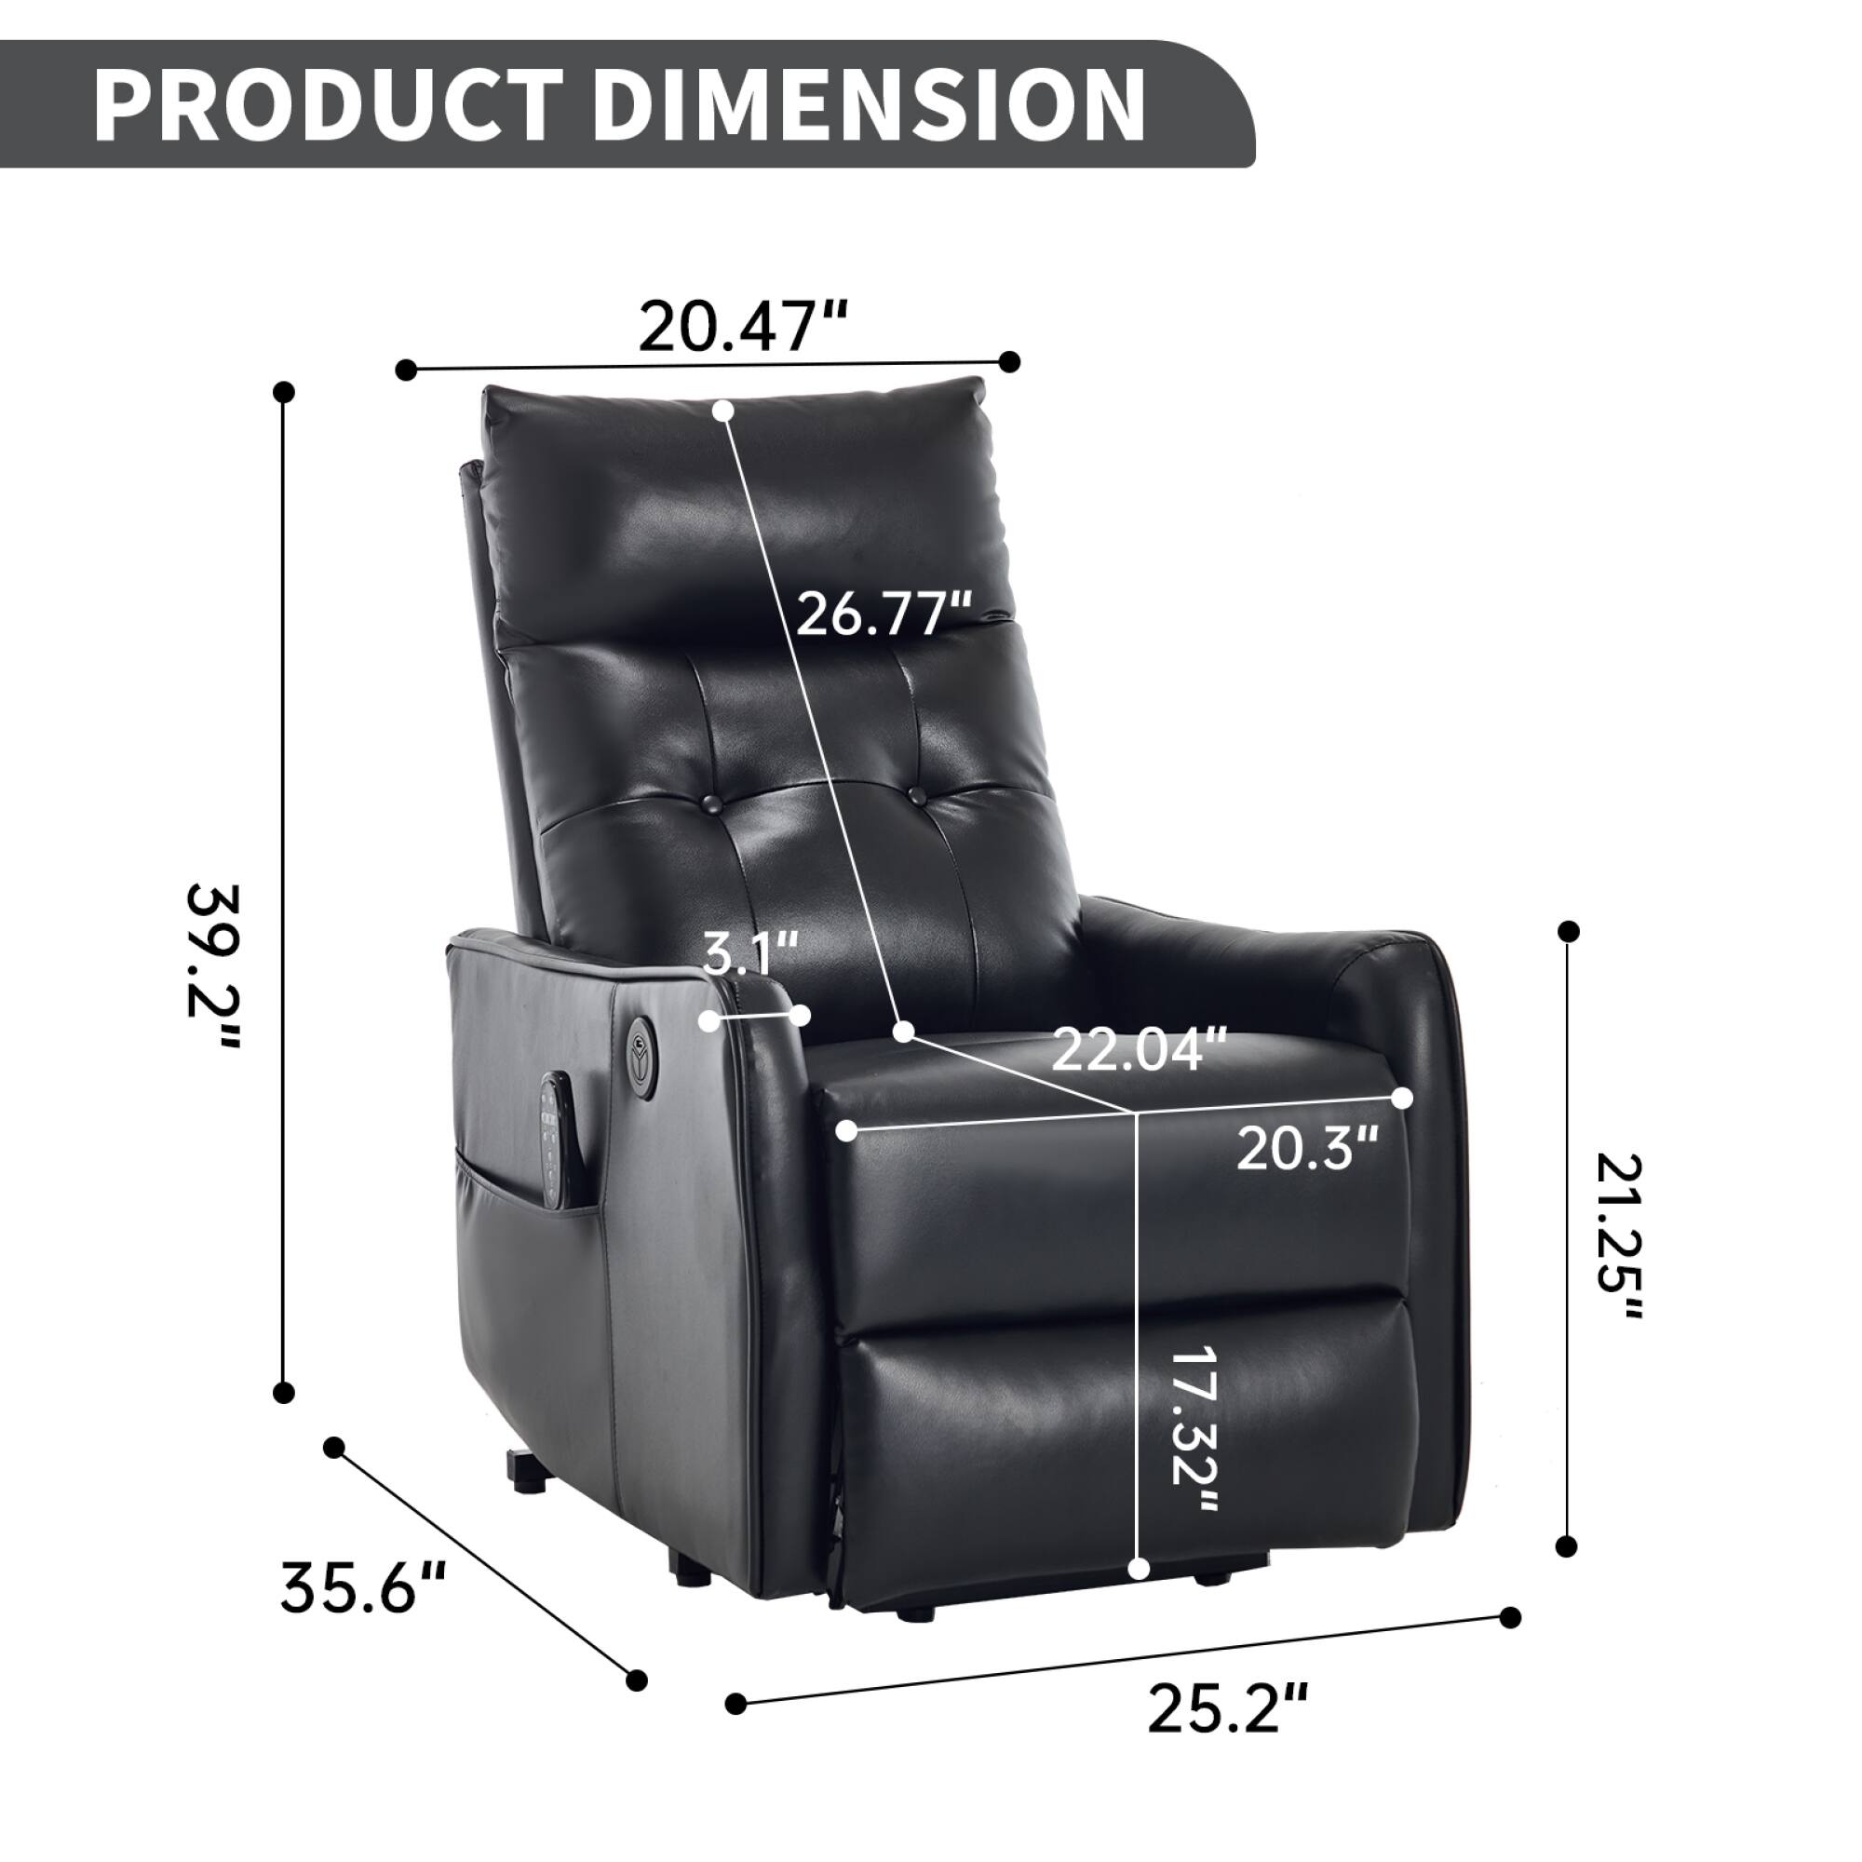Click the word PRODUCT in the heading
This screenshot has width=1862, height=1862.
328,105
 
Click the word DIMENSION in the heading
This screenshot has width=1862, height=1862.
868,105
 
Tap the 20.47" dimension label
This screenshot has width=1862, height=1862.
742,327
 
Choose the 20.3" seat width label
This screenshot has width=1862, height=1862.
1307,1148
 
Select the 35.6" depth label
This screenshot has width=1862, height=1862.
362,1587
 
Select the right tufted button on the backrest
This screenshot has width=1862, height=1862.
915,795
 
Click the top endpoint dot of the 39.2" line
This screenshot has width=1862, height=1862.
283,391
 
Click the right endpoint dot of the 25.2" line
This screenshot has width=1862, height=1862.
1511,1617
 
